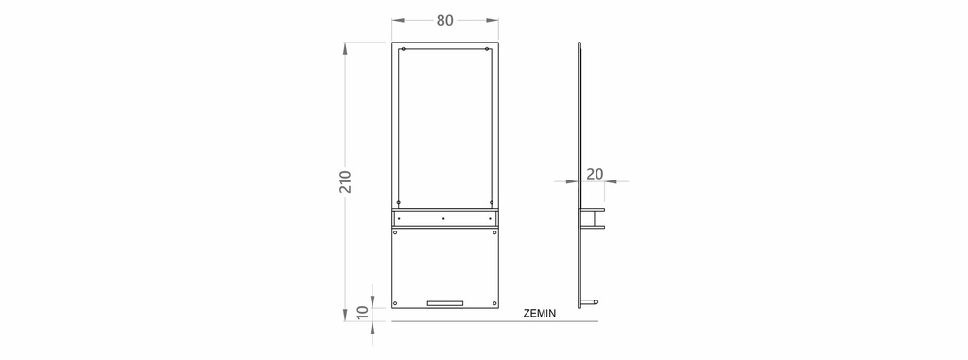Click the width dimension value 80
click(x=444, y=21)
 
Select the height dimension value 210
click(x=345, y=181)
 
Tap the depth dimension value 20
click(x=595, y=174)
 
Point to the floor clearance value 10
click(x=363, y=312)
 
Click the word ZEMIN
click(x=540, y=313)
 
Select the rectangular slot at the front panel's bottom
click(x=445, y=303)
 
